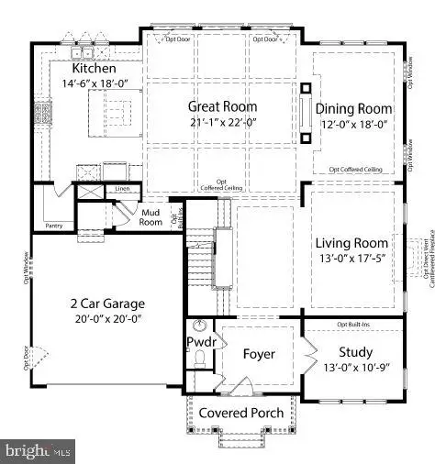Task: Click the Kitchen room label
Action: (94, 69)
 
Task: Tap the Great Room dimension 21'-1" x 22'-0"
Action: (221, 123)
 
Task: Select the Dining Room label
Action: (355, 108)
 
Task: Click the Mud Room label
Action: (151, 217)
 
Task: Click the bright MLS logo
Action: (37, 450)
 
